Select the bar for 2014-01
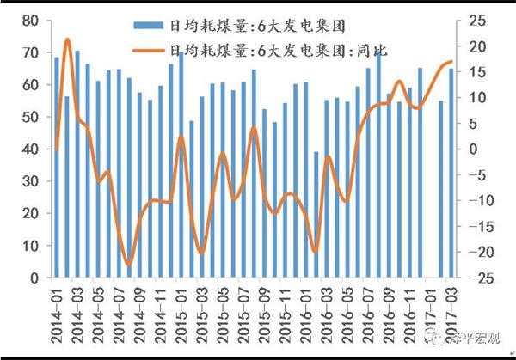pyautogui.click(x=58, y=168)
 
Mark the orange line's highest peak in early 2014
pyautogui.click(x=67, y=40)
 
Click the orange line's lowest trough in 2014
pyautogui.click(x=129, y=264)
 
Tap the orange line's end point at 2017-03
pyautogui.click(x=451, y=62)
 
